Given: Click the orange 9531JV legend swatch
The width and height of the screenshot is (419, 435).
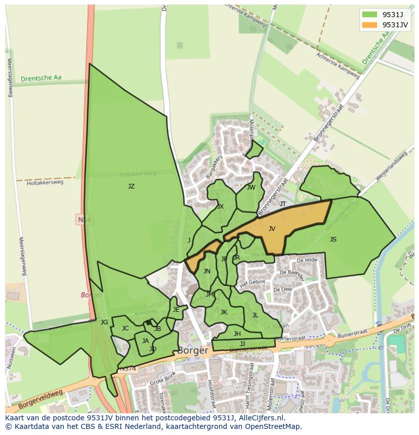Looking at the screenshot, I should pos(370,25).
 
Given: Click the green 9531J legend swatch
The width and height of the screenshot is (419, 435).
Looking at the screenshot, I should pos(370,14).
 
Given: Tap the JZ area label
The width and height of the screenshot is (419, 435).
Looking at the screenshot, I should pos(131,186).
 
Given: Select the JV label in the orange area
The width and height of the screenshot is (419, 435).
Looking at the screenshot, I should pos(272,229).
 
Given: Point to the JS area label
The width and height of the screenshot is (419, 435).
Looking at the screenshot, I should pos(333,239).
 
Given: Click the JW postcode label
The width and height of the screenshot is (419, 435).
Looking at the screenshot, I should pos(251,187).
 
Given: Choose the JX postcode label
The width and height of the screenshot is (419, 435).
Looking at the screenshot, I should pos(220,207).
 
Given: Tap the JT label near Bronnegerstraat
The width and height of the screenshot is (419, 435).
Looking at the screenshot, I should pos(283,204).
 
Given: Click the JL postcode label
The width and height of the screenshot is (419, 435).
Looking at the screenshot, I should pos(255,315).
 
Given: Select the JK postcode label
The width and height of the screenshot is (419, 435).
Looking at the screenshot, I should pos(224,312).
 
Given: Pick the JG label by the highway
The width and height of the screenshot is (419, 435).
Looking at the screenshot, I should pos(104,322).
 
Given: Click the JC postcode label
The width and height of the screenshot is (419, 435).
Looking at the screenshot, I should pos(125,328).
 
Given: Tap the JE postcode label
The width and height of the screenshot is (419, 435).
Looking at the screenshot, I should pos(176,310).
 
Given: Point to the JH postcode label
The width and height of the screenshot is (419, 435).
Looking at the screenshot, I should pos(237,334).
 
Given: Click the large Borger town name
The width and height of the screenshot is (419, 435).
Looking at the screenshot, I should pos(193,350).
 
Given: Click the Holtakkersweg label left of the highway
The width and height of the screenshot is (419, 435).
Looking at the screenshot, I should pos(45,182).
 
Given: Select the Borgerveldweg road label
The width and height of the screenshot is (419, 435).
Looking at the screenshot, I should pos(40,399).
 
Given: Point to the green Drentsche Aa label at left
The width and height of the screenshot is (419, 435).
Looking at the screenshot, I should pos(41,78).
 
